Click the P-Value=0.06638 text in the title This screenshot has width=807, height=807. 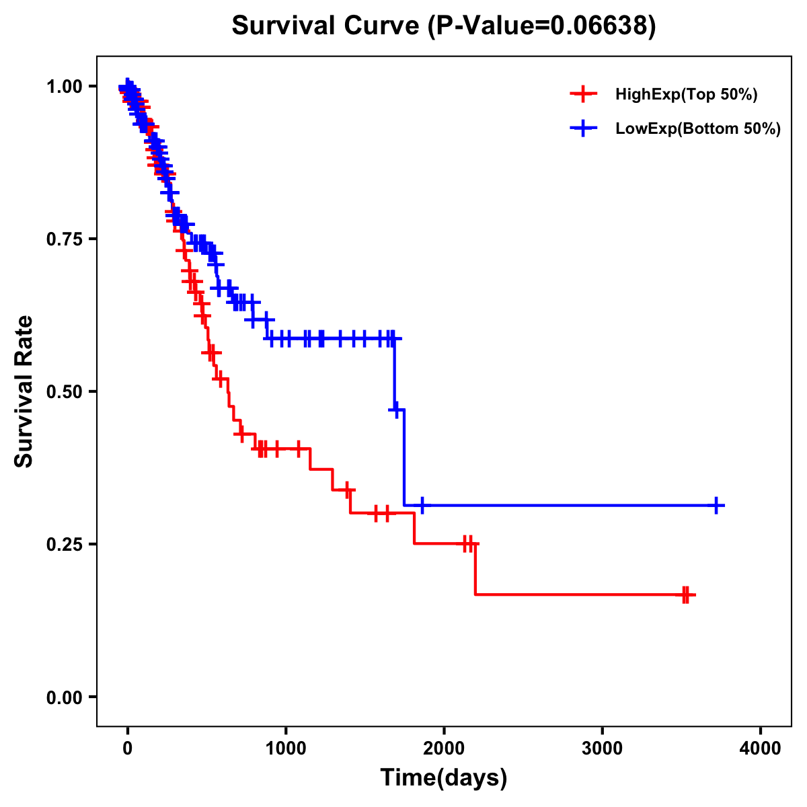[542, 26]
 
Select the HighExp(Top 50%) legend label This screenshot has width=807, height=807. [686, 95]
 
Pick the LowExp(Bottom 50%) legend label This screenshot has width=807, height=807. [698, 129]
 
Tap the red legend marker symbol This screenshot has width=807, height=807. [583, 94]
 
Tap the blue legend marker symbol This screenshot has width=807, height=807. [583, 128]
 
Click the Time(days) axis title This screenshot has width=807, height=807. [444, 778]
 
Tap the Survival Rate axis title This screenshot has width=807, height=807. [24, 391]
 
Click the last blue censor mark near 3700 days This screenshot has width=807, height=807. [717, 505]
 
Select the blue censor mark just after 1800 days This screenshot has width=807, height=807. [422, 505]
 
